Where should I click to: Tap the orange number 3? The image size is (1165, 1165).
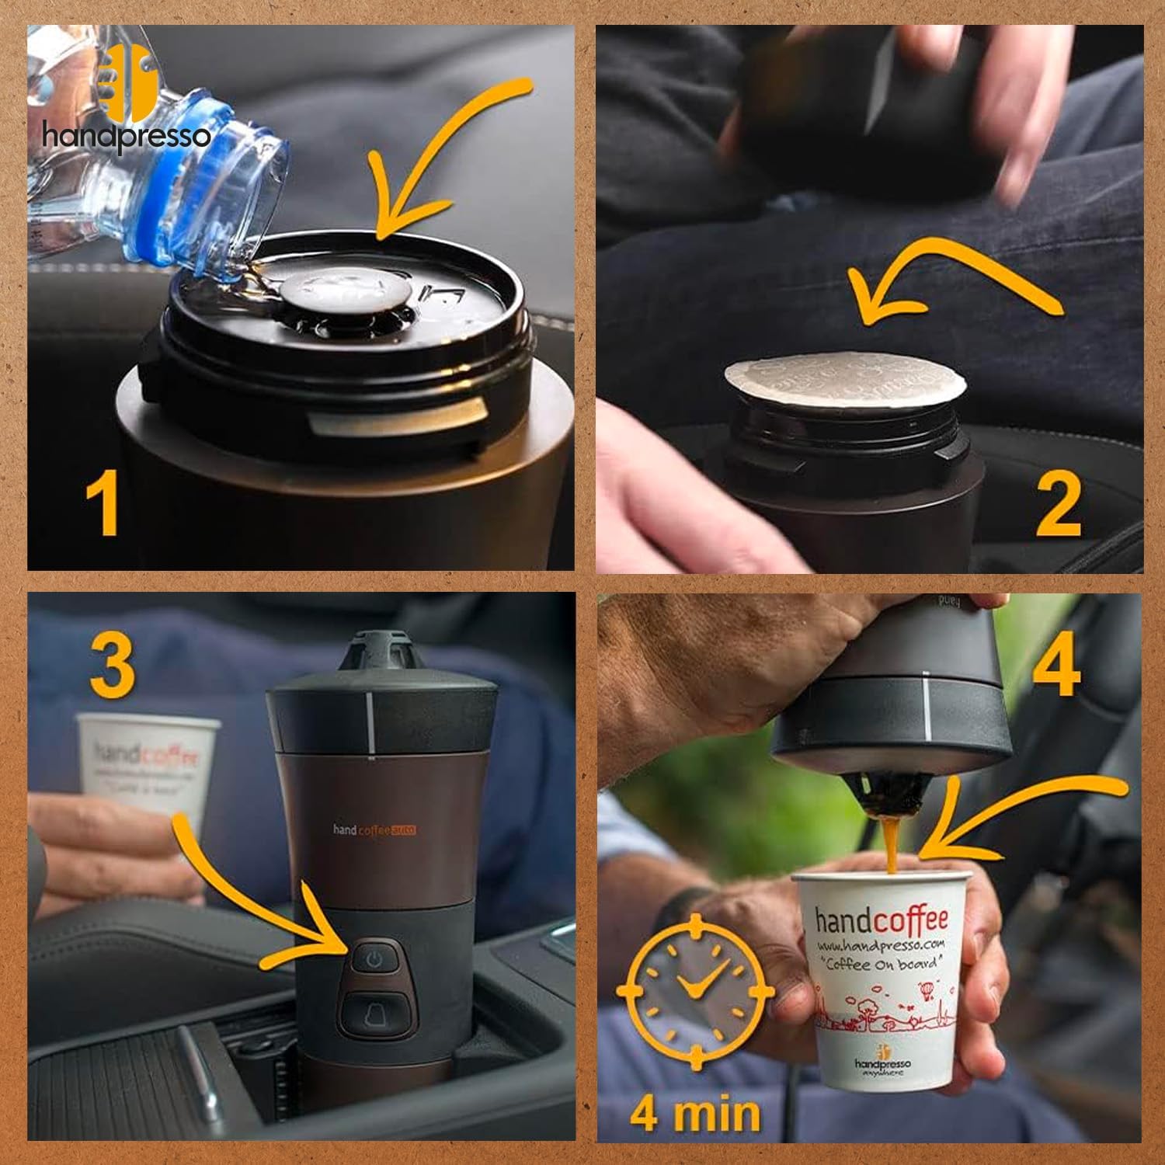(x=113, y=664)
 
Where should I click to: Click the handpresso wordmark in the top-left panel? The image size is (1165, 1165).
(x=126, y=137)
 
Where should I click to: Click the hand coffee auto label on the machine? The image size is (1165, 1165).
(x=374, y=829)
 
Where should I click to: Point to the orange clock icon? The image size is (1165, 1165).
(x=695, y=990)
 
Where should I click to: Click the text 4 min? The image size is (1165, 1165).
(x=695, y=1112)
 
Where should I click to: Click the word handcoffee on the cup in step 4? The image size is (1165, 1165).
(x=882, y=920)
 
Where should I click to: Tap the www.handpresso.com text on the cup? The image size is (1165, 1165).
(x=880, y=945)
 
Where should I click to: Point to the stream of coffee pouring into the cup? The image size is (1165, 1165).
(x=890, y=843)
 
